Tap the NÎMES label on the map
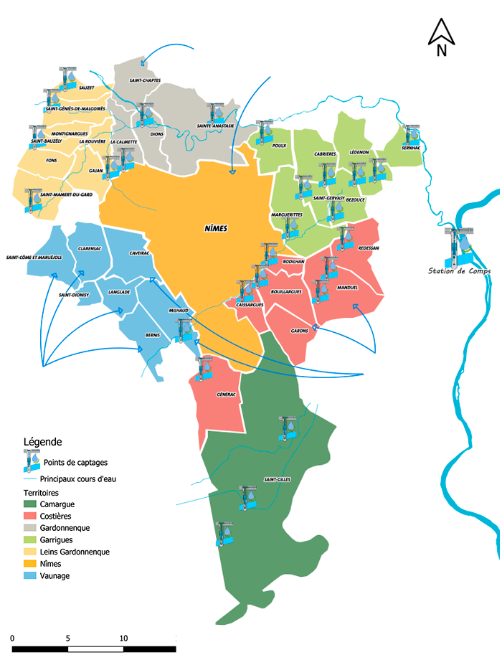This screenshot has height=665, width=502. click(215, 228)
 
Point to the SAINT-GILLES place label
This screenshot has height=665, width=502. click(276, 480)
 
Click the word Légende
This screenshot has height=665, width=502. click(43, 442)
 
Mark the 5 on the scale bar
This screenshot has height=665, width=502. click(67, 638)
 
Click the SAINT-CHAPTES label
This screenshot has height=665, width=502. click(145, 80)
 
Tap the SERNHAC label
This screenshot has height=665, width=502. click(412, 147)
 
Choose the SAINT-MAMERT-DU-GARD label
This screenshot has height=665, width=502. click(67, 194)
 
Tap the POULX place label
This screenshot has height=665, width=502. click(280, 146)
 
